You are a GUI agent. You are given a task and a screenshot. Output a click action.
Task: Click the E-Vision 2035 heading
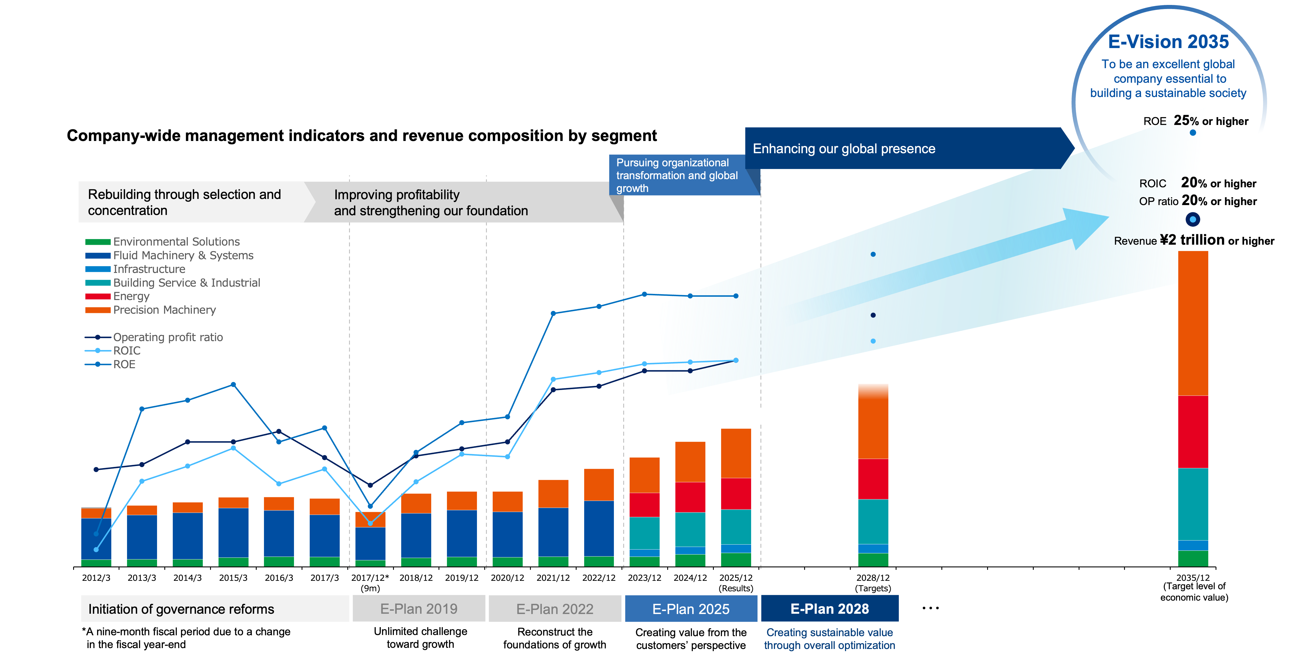pos(1168,42)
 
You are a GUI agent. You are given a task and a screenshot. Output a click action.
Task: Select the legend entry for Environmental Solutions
pos(176,242)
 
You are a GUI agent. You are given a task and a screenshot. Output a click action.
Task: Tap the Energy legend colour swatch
pos(98,296)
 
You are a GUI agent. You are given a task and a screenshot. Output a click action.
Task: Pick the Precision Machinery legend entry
pos(164,310)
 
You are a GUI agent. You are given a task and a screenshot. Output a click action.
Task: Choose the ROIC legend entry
pos(126,351)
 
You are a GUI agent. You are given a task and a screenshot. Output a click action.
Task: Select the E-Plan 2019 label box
pos(419,608)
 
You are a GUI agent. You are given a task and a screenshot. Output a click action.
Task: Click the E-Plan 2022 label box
pos(555,608)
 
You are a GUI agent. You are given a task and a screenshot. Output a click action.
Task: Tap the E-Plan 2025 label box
pos(691,608)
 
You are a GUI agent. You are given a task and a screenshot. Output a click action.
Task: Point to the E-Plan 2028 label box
pos(829,608)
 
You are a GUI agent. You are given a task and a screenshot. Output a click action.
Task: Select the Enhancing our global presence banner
pos(902,149)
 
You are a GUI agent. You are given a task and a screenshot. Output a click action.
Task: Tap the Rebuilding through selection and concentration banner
pos(191,202)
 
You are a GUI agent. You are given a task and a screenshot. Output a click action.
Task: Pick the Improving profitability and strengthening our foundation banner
pos(453,202)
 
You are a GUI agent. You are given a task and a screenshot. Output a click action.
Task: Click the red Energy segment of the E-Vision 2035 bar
pos(1193,432)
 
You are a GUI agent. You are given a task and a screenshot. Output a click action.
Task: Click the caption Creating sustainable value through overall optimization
pos(829,639)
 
